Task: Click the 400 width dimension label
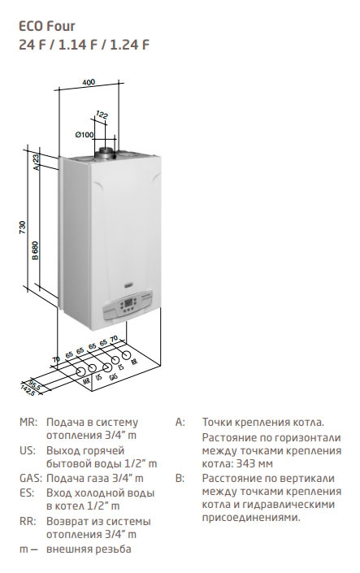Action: point(89,82)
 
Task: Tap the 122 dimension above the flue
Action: point(102,115)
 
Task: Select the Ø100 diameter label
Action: point(85,134)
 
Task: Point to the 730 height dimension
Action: point(23,228)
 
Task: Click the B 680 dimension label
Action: point(35,250)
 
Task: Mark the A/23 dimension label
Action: point(36,162)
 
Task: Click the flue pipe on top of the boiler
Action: point(106,154)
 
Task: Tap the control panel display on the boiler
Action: point(128,303)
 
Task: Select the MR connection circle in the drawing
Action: point(80,371)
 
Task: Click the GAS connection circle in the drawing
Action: point(107,367)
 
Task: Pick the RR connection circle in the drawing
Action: point(127,355)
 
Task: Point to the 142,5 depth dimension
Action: point(28,390)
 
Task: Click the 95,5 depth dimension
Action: point(35,384)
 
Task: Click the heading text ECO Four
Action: point(47,26)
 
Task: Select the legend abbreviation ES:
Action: point(27,493)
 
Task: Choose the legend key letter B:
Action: point(180,478)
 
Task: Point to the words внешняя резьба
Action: point(89,549)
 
